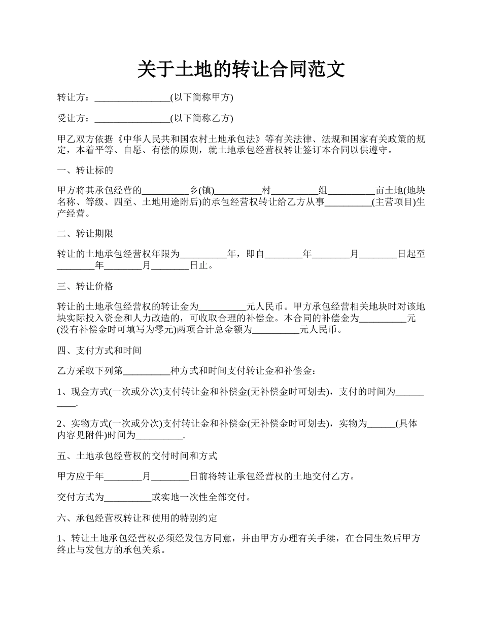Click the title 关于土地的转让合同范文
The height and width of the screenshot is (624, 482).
[x=241, y=70]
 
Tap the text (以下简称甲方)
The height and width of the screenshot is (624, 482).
[x=201, y=97]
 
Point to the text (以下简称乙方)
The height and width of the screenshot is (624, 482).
[x=201, y=119]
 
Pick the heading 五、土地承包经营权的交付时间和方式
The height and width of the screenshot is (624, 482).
[x=137, y=456]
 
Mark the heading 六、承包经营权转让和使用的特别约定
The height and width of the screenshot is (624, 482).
[x=137, y=518]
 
